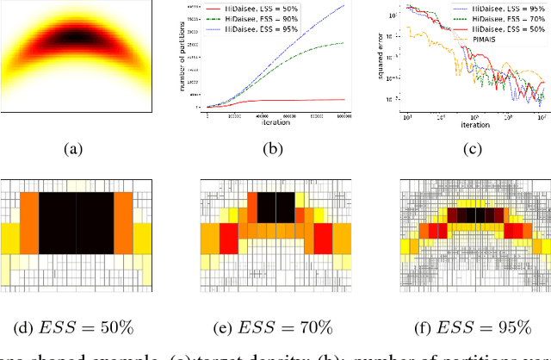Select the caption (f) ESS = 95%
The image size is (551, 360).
tap(474, 326)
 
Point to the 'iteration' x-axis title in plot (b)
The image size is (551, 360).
tap(275, 122)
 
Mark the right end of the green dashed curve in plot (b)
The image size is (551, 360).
tap(356, 42)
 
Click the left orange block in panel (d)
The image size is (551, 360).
tap(28, 222)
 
